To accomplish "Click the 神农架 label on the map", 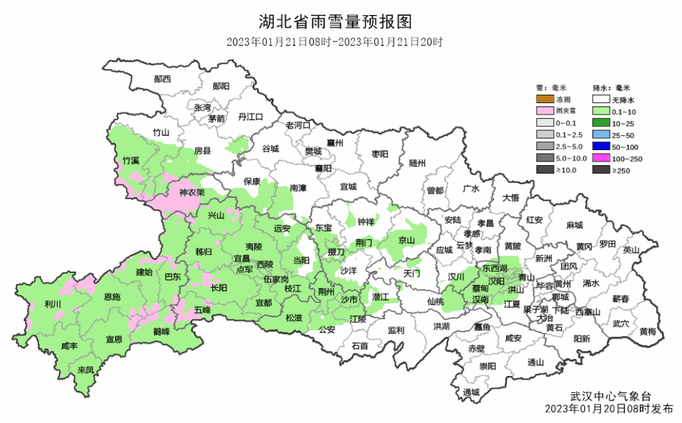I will click(x=192, y=192).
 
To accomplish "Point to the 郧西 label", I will click(x=162, y=78).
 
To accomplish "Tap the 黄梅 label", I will click(x=648, y=332).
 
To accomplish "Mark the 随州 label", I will click(x=417, y=164).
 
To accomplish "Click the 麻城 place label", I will click(x=574, y=225).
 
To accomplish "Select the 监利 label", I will click(x=396, y=330).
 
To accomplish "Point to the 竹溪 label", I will click(x=130, y=161).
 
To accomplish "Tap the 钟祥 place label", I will click(x=365, y=222).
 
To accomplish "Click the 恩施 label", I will click(x=112, y=297).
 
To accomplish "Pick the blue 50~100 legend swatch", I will click(x=603, y=147).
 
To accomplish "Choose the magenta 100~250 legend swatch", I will click(x=603, y=158).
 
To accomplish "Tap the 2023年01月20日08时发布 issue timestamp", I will click(x=609, y=409).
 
